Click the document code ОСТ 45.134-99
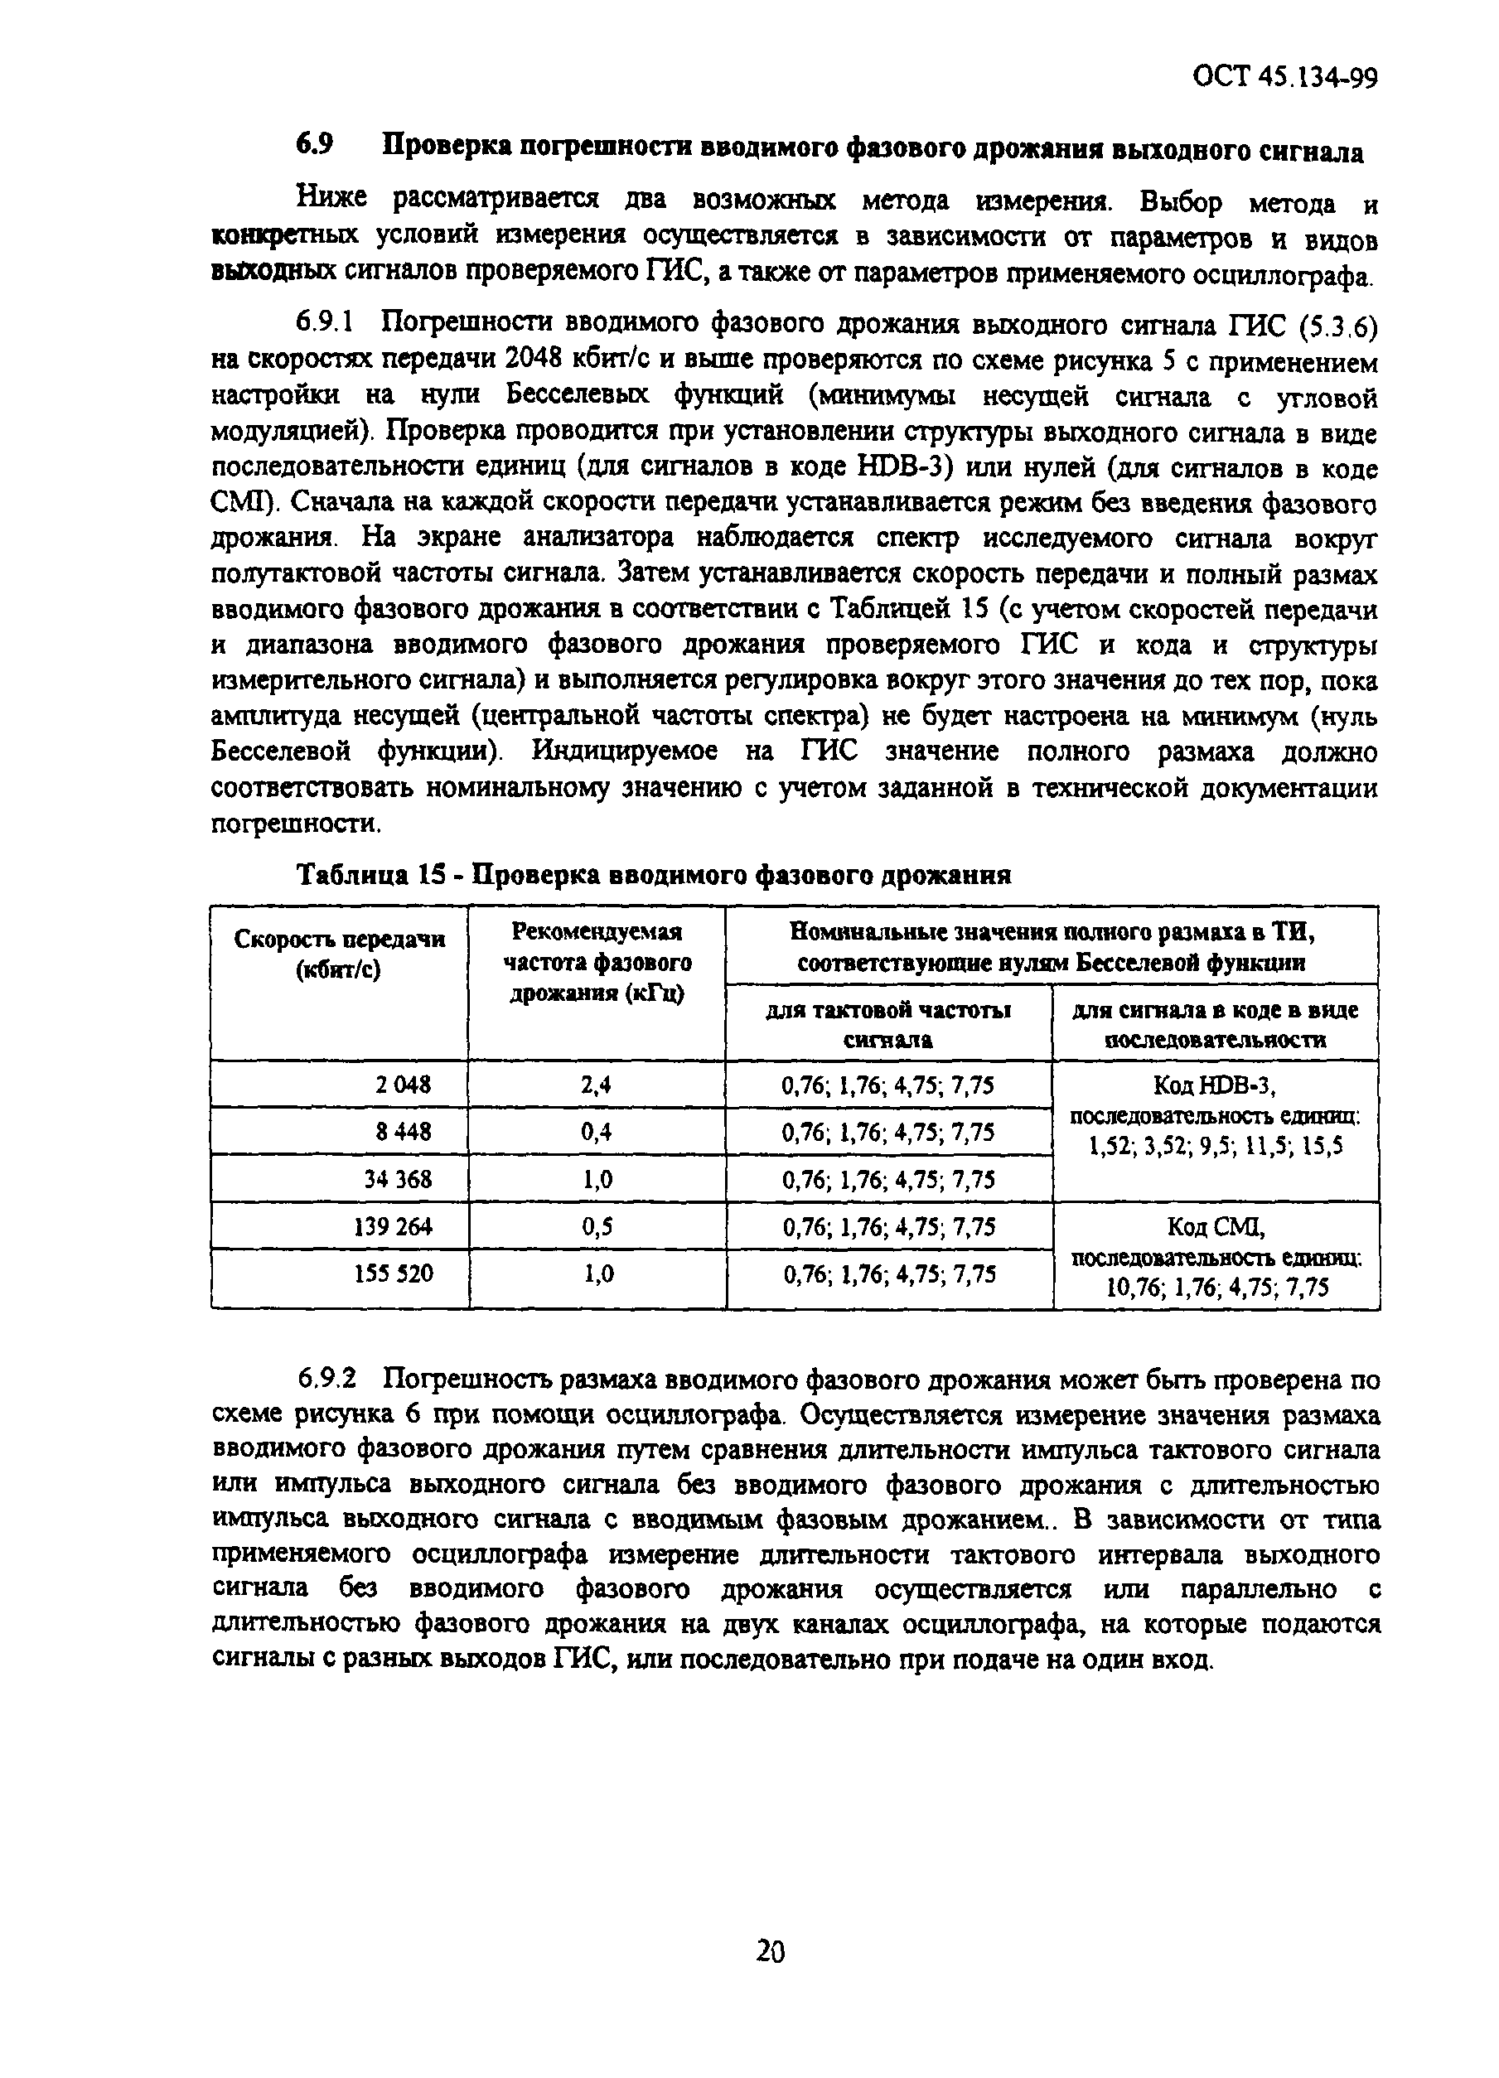coord(1284,77)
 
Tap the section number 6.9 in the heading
coord(313,147)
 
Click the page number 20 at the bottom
coord(770,1953)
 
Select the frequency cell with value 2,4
coord(596,1085)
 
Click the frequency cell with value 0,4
coord(596,1132)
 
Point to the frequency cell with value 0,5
coord(596,1226)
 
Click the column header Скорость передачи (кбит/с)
coord(339,954)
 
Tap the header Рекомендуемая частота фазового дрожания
coord(597,962)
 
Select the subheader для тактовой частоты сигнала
coord(887,1023)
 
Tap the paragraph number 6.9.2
coord(326,1379)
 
